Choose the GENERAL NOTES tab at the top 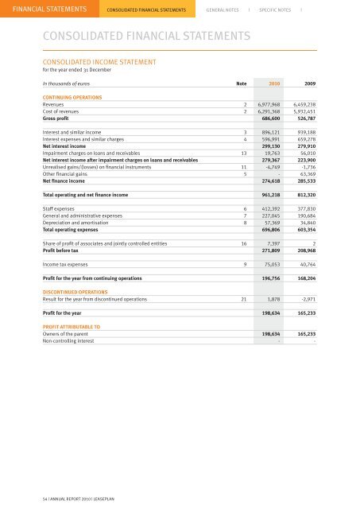click(x=223, y=10)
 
